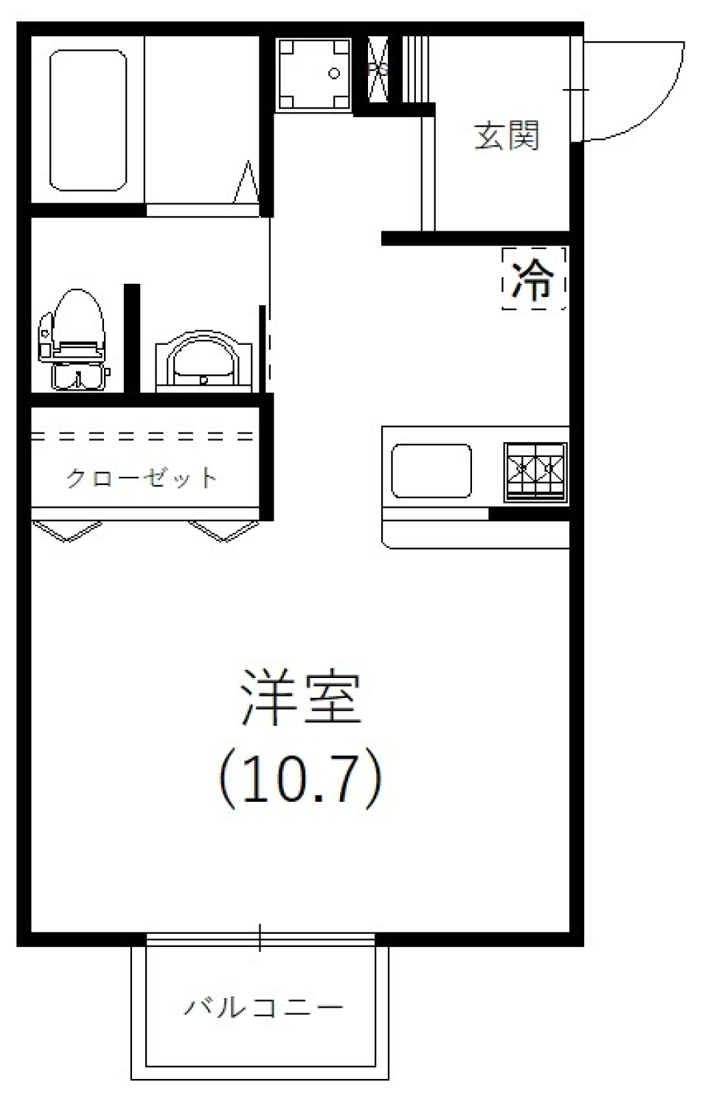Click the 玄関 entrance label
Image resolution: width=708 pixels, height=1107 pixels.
click(x=507, y=136)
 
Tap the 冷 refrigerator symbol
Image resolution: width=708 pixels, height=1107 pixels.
click(x=533, y=279)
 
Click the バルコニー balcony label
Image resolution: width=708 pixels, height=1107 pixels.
click(x=264, y=1007)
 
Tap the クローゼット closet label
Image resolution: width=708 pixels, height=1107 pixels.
click(x=142, y=478)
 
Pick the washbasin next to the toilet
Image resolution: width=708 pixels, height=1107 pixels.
click(x=204, y=362)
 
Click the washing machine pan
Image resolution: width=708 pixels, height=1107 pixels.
click(x=314, y=74)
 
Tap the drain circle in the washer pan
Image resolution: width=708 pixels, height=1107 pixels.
click(x=334, y=73)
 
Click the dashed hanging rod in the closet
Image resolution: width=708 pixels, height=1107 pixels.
click(x=144, y=436)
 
